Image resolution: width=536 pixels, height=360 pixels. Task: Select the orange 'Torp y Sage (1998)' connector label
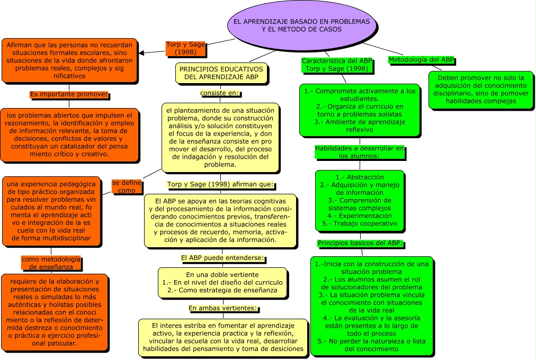click(x=185, y=49)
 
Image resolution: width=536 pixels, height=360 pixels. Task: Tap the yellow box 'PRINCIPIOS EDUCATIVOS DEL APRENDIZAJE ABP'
click(x=221, y=73)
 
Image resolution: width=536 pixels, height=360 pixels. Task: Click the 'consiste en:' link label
click(x=220, y=94)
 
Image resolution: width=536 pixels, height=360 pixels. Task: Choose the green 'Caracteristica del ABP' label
click(x=337, y=65)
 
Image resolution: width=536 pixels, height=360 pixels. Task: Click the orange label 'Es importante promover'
click(x=69, y=95)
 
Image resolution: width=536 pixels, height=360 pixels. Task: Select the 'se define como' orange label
click(x=127, y=186)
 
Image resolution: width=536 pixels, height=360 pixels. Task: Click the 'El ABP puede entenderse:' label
click(x=222, y=258)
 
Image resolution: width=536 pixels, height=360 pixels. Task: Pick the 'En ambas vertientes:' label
click(x=222, y=308)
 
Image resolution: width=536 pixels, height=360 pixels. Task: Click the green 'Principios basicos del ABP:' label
click(x=360, y=244)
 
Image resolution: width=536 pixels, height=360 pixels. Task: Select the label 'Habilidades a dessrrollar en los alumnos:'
click(x=360, y=152)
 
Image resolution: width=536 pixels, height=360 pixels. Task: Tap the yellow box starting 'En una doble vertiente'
click(x=222, y=283)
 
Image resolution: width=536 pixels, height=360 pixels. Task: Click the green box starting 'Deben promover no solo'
click(x=481, y=89)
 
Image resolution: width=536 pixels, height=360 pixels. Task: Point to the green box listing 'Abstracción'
click(x=360, y=200)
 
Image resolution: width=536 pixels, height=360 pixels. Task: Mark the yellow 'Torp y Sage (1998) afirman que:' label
click(x=220, y=185)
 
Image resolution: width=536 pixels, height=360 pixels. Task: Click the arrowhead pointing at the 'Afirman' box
click(x=142, y=52)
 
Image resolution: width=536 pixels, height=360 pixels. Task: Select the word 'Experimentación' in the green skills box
click(x=360, y=215)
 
